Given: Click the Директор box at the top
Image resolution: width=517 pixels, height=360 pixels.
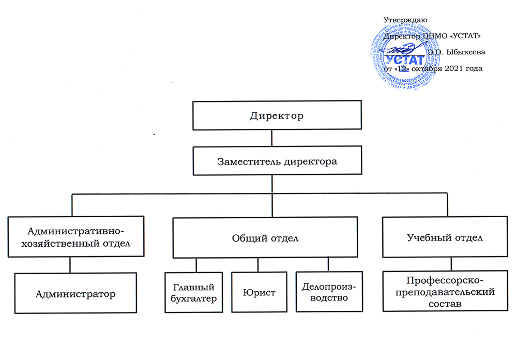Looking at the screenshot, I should pyautogui.click(x=277, y=115).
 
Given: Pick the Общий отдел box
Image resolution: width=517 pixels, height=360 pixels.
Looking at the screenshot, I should pyautogui.click(x=265, y=238).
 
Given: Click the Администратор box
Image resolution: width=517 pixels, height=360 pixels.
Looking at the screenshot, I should pyautogui.click(x=75, y=294).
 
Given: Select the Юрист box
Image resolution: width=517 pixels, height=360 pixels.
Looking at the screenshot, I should pyautogui.click(x=258, y=292).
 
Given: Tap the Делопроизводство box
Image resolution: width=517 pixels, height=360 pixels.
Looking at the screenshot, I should pyautogui.click(x=324, y=292).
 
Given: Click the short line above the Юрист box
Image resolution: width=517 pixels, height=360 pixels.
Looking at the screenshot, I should pyautogui.click(x=258, y=265).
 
